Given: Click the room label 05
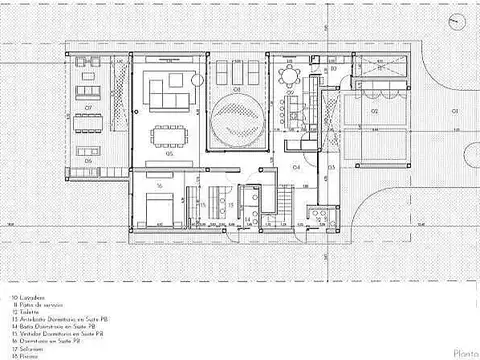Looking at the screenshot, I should point(170,155).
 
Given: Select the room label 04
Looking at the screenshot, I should point(296,167).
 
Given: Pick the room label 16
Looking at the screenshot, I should point(159,186).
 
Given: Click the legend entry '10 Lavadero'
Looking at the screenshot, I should point(30,298).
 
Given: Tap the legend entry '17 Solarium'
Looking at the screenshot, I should point(29,346).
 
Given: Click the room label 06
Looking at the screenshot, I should point(88,159).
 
